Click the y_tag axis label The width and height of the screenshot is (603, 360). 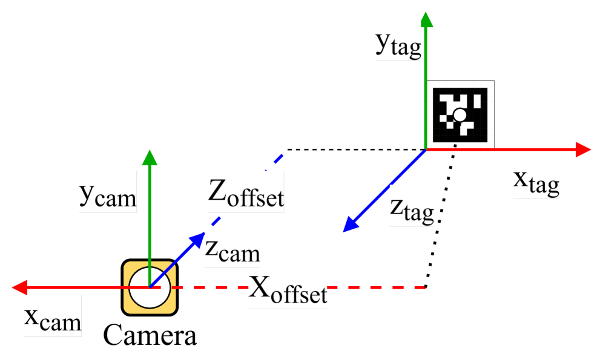(x=398, y=40)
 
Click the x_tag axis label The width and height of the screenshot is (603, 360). (x=536, y=178)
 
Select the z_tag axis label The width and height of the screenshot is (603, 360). (x=412, y=205)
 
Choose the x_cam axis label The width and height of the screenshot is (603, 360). (x=52, y=316)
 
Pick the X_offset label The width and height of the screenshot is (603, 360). (x=288, y=288)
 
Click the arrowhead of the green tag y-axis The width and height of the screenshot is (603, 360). (x=427, y=19)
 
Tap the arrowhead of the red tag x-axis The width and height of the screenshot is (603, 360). (x=582, y=149)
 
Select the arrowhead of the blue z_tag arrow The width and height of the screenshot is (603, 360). (x=350, y=225)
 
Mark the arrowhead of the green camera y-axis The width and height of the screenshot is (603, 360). (x=150, y=157)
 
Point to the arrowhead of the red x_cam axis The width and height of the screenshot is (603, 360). (x=20, y=287)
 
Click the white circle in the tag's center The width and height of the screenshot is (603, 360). (x=460, y=115)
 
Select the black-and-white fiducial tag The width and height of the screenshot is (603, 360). (x=460, y=115)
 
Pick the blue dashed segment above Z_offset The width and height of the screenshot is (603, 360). (x=278, y=160)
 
